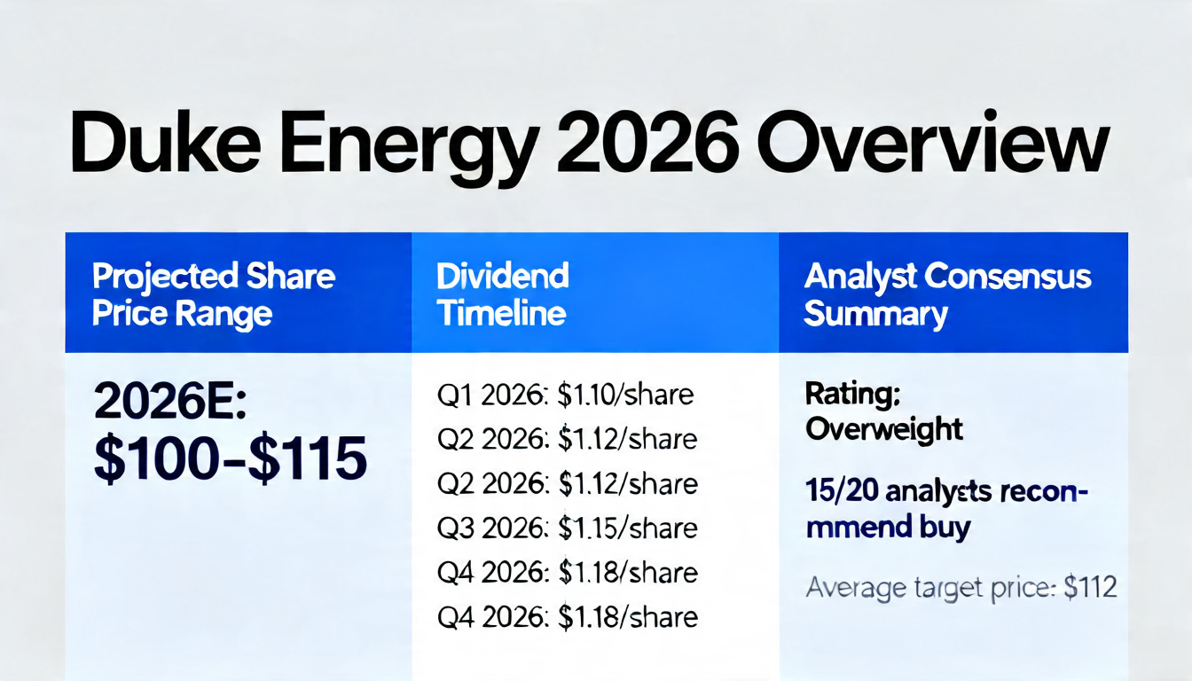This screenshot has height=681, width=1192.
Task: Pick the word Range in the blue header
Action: tap(230, 314)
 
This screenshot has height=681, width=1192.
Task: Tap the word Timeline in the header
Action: tap(501, 313)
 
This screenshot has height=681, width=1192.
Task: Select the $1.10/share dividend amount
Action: tap(625, 395)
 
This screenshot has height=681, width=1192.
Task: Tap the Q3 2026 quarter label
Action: tap(492, 528)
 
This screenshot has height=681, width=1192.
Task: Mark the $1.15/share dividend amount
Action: tap(627, 528)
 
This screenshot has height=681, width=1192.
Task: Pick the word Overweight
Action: tap(883, 429)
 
